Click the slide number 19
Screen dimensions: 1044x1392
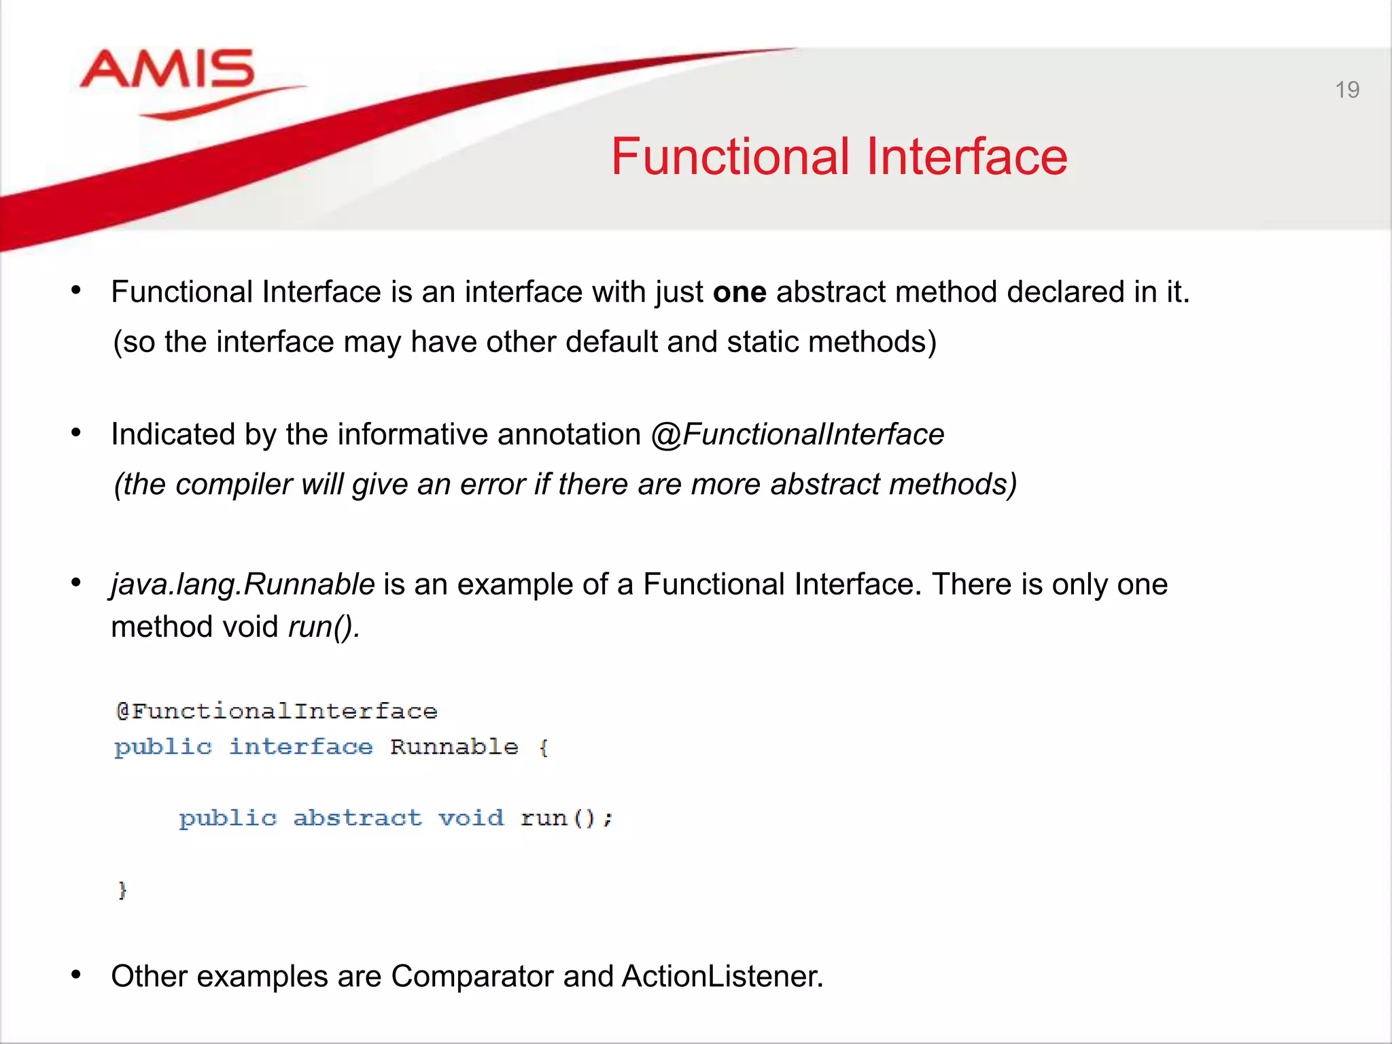[x=1346, y=90]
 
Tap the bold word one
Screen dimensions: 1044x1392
[x=739, y=292]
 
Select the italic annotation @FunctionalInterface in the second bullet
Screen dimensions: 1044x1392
[x=797, y=434]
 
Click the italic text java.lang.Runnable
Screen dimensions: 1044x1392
[x=243, y=585]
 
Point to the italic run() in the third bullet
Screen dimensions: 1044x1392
[x=324, y=627]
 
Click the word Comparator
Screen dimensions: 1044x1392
[x=472, y=977]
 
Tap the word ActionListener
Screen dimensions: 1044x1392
[x=722, y=977]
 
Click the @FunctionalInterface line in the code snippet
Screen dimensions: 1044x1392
[x=277, y=712]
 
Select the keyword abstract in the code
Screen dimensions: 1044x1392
[x=357, y=818]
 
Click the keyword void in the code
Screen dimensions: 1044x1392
[x=470, y=818]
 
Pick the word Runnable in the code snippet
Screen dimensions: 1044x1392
[x=453, y=747]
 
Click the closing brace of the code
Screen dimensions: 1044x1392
[x=122, y=890]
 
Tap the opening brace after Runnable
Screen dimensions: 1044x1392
[x=543, y=748]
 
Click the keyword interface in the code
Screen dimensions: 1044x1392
[x=300, y=747]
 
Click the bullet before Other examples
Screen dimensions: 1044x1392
[x=76, y=975]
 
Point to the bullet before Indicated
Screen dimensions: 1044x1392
[x=76, y=433]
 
